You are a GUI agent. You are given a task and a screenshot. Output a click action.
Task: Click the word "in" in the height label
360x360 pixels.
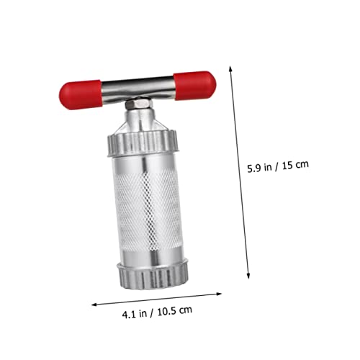coord(269,165)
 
